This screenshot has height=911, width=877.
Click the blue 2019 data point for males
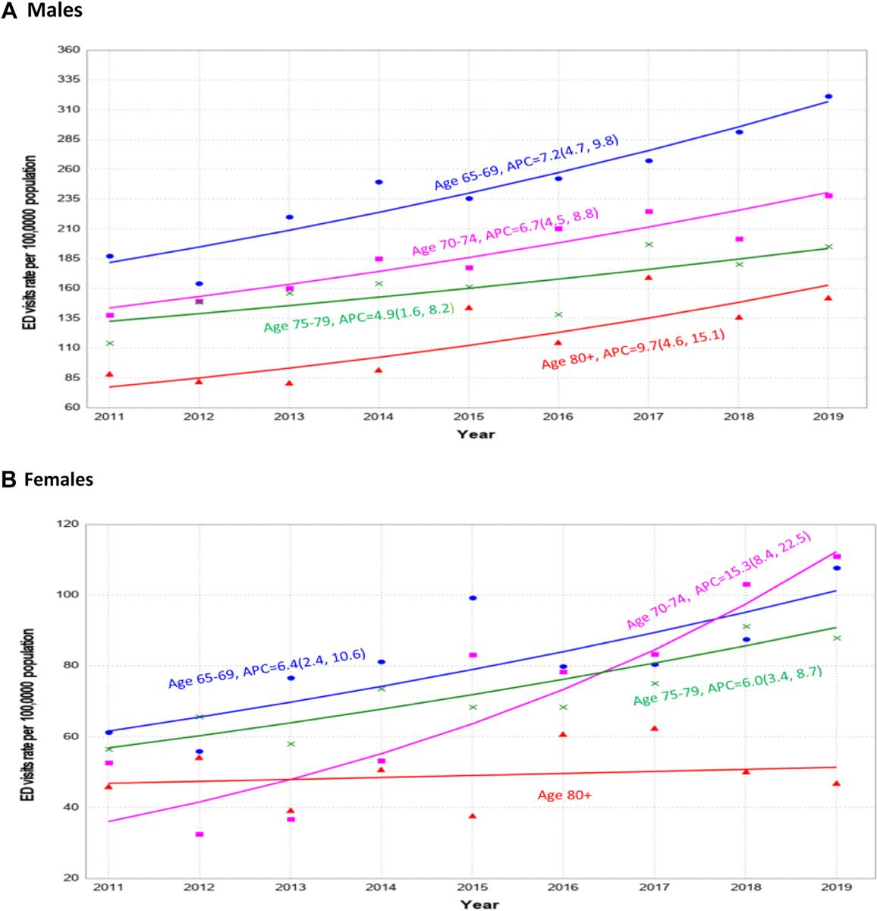828,96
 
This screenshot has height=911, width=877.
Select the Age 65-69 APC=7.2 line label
526,162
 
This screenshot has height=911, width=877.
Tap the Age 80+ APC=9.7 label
633,349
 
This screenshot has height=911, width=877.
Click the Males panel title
54,11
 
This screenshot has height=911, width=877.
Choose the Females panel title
58,480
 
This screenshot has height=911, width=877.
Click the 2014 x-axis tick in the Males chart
378,417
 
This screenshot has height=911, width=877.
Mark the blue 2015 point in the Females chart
473,598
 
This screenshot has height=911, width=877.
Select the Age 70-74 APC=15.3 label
718,581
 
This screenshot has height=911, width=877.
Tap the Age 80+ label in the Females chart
564,795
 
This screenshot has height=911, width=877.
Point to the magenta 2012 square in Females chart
200,834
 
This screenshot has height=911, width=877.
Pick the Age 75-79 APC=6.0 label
728,686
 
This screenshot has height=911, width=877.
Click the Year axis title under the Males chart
476,434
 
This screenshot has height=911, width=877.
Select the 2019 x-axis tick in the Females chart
836,887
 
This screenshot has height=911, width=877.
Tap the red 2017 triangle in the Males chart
649,278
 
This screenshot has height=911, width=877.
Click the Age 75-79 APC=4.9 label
358,318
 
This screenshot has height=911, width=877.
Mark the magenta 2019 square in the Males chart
828,196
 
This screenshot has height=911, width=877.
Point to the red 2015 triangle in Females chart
473,816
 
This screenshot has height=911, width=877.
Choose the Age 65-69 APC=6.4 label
267,667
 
